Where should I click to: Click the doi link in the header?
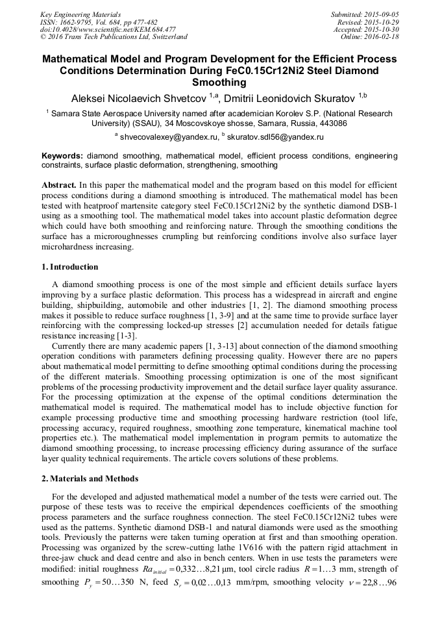108,30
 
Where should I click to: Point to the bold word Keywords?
62,156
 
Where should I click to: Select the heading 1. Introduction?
70,267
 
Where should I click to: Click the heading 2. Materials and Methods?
90,479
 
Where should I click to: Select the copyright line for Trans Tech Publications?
114,37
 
